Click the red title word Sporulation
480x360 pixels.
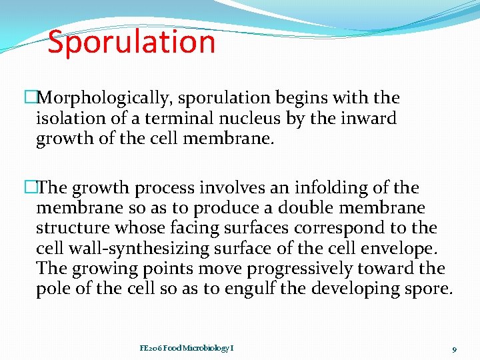(131, 42)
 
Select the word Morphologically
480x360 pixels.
(105, 98)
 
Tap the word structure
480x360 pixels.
(73, 228)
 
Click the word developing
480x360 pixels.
(371, 289)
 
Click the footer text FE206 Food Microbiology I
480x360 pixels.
(187, 348)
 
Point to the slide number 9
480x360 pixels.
(453, 349)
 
